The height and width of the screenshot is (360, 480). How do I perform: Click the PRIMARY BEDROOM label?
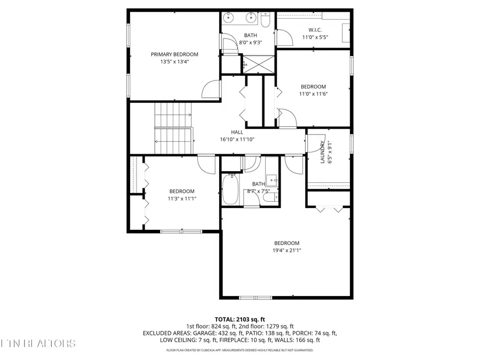[x=174, y=54]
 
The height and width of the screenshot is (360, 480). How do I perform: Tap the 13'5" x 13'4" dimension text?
[x=174, y=62]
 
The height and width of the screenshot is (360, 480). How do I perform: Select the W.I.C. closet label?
[x=315, y=30]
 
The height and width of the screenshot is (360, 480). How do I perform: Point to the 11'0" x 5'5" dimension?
[x=315, y=37]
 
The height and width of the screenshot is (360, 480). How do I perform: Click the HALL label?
[x=237, y=132]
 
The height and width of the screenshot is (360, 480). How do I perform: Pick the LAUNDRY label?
[x=323, y=152]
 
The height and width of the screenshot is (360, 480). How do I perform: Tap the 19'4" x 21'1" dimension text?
[x=287, y=250]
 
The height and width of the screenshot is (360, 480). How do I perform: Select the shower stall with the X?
[x=258, y=63]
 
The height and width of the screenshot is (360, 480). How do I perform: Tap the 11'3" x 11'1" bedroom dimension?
[x=182, y=199]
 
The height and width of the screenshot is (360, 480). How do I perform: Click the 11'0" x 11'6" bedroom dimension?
[x=313, y=94]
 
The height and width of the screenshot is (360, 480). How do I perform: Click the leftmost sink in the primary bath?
[x=229, y=18]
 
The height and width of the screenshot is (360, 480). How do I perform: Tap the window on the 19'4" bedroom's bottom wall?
[x=255, y=297]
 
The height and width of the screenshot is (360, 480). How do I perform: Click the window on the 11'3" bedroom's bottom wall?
[x=173, y=231]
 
